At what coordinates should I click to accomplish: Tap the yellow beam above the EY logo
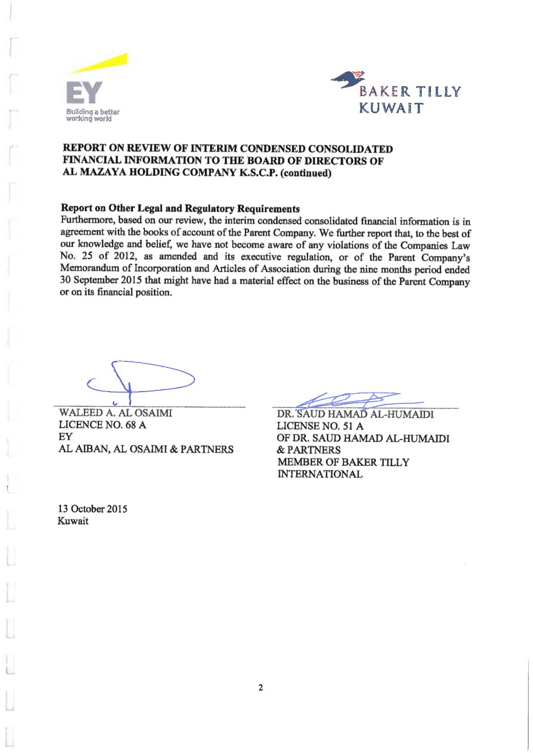tap(102, 64)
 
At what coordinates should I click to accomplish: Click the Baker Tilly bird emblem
tap(347, 80)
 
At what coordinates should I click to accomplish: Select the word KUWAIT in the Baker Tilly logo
tap(391, 109)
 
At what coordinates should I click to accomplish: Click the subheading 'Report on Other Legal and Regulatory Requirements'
tap(180, 209)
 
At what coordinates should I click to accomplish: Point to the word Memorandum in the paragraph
tap(87, 269)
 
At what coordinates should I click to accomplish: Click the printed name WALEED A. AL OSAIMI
tap(116, 413)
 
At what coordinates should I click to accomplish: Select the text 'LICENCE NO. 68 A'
tap(103, 425)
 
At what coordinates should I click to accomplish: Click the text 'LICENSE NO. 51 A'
tap(320, 426)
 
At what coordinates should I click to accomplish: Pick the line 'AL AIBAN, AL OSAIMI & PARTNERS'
tap(147, 449)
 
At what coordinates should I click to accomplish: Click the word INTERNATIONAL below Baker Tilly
tap(320, 474)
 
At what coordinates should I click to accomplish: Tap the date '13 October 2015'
tap(93, 509)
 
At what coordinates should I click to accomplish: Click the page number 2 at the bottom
tap(260, 687)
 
